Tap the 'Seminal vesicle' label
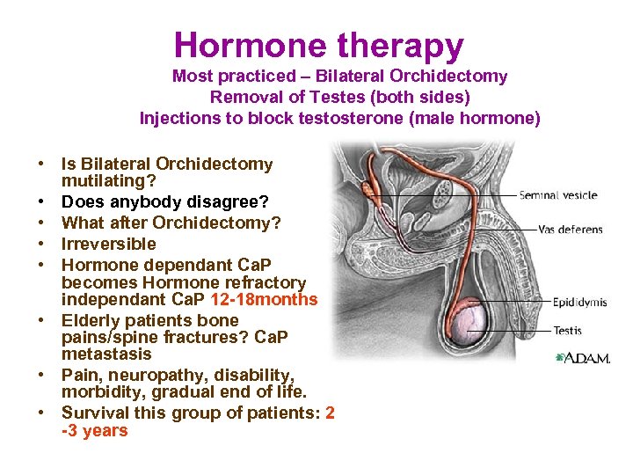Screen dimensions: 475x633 (557, 195)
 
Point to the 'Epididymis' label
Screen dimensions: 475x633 (579, 303)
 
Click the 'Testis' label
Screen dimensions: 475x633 (567, 331)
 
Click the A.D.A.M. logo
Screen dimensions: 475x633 (582, 359)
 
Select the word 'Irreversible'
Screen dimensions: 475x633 (108, 244)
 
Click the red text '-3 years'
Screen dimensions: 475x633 (94, 431)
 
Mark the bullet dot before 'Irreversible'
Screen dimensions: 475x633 (41, 244)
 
